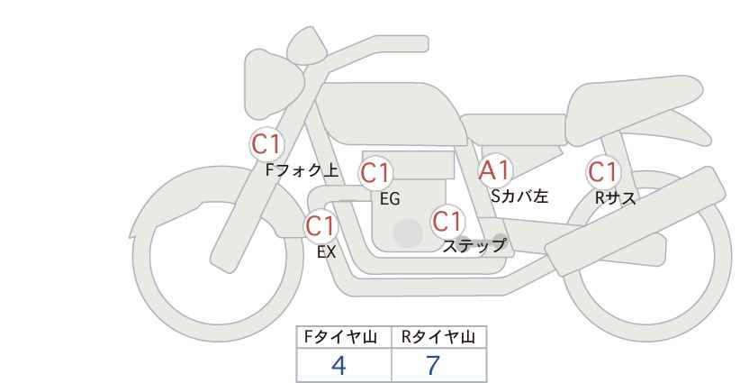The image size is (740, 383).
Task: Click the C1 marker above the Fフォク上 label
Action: pos(266,144)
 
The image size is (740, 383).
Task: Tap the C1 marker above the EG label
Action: pos(375,173)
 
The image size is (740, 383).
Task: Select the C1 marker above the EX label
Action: pos(320,225)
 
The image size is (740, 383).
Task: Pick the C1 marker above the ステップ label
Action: pos(447,221)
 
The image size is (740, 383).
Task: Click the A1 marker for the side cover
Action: pos(494,170)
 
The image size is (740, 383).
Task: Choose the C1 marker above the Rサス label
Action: pos(603,171)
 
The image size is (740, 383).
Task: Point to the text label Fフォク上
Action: pos(302,170)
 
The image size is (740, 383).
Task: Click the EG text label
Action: pos(390,199)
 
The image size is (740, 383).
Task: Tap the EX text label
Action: pos(326,252)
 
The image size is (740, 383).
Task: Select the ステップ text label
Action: pos(474,246)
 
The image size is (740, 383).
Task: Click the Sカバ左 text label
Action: pos(519,196)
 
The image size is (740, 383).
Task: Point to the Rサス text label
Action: pos(615,198)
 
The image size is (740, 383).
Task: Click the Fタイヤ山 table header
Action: pos(340,337)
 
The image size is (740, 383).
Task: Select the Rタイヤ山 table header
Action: pos(438,337)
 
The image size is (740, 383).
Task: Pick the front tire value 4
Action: pos(338,365)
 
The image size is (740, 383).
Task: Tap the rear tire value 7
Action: pos(432,365)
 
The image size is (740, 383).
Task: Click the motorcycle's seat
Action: pos(632,111)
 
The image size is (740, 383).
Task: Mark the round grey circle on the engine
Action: pos(408,233)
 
